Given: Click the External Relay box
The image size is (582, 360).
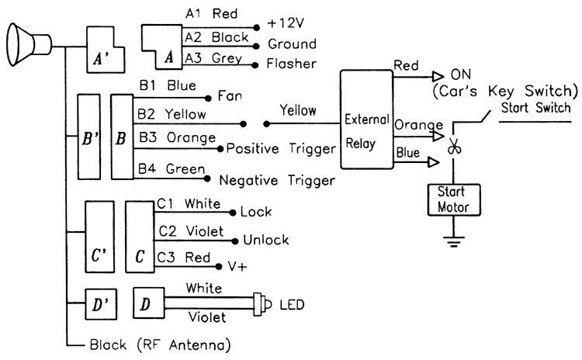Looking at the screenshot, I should pos(366,118).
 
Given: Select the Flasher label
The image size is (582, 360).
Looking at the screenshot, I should pos(289,62).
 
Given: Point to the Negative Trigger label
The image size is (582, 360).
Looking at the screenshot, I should pos(276,180).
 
